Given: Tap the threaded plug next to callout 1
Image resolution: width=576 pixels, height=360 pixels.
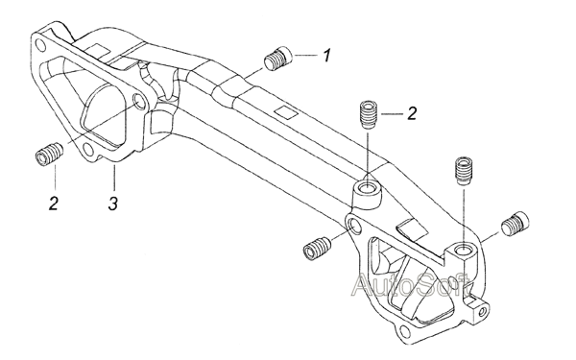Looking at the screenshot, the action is pos(278,58).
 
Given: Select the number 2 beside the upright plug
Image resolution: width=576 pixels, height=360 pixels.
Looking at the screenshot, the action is pos(412,113).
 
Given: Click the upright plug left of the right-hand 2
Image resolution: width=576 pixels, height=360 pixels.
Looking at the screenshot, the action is pos(369,114).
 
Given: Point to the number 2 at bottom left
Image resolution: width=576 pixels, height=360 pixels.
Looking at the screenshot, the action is pos(54,204).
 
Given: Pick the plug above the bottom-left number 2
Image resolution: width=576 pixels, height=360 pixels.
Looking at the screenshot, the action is pos(50,154).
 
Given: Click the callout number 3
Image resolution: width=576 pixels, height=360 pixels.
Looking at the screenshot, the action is pos(113,204).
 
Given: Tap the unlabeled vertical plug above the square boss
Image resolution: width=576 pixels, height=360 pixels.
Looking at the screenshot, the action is pos(464,171).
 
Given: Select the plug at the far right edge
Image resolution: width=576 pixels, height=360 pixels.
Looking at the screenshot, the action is pos(516,223).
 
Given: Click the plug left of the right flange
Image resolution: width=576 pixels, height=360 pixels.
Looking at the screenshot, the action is pos(318,250).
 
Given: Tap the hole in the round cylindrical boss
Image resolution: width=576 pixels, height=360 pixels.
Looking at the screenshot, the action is pos(367,188).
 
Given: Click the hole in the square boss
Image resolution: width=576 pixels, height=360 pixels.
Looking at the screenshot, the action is pos(462,251).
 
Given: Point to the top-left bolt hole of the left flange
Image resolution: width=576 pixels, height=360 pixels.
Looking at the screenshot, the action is pos(40,46).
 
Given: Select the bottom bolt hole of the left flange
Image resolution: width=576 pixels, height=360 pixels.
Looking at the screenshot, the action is pos(87,149).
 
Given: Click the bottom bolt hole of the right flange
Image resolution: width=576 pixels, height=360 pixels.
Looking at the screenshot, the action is pos(404,330).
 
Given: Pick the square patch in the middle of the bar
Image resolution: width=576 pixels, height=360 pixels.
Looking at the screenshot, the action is pos(286,111).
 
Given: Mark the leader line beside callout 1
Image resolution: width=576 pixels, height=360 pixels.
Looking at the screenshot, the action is pos(305,55).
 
